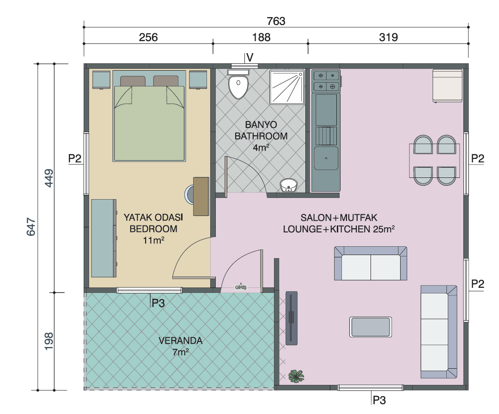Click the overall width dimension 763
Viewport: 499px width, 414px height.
[276, 21]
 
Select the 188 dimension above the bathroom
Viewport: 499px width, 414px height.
[261, 37]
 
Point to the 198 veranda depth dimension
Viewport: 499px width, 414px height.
[49, 341]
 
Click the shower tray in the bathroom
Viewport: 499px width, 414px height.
[287, 87]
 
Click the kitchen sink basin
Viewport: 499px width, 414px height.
[326, 158]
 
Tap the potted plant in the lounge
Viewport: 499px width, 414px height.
[296, 376]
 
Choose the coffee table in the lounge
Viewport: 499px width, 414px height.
[371, 327]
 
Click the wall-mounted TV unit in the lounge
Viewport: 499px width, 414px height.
[292, 318]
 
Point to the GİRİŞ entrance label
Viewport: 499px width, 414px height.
[241, 287]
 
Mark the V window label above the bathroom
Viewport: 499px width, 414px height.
[250, 58]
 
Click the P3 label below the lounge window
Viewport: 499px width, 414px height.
[379, 400]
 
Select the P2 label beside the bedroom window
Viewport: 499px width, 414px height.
[75, 158]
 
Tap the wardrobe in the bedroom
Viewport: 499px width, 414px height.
[104, 238]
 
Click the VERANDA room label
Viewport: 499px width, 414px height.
[181, 341]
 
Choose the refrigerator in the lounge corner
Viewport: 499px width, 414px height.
[447, 86]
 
